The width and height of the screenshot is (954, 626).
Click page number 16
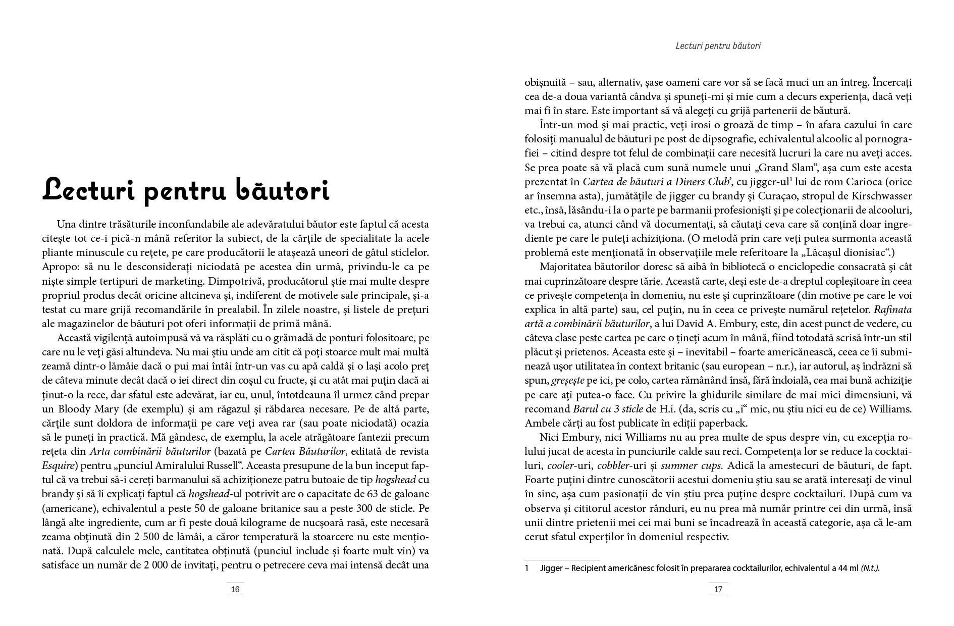[235, 589]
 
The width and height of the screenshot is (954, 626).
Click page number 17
[718, 589]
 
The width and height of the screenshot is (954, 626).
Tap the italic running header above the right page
[718, 46]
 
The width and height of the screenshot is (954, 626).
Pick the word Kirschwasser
[881, 196]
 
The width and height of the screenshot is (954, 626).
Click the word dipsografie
[731, 139]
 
